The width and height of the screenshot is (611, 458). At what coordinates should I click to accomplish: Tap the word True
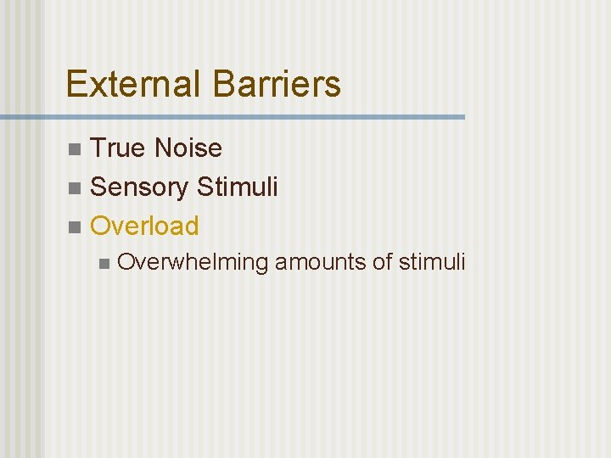click(118, 148)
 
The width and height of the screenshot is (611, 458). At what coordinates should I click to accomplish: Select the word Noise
click(188, 148)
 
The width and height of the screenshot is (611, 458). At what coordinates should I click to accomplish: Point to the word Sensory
click(138, 187)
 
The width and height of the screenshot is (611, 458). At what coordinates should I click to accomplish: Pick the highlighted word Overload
click(144, 226)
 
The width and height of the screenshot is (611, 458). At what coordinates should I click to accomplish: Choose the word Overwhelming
click(193, 263)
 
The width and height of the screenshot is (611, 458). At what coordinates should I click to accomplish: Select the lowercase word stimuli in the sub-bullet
click(432, 263)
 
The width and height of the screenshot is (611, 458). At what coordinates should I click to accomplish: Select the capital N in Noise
click(163, 148)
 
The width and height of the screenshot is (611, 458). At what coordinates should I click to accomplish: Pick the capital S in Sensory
click(98, 187)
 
